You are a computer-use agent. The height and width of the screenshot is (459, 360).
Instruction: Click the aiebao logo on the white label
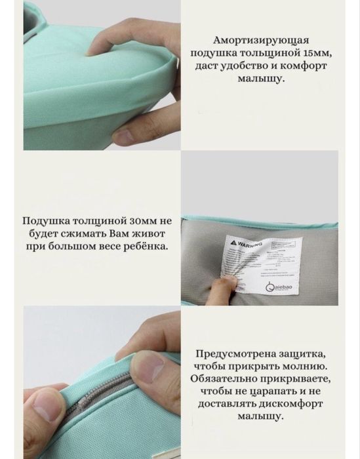click(x=287, y=287)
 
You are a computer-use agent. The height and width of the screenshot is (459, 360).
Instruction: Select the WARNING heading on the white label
click(x=243, y=243)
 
